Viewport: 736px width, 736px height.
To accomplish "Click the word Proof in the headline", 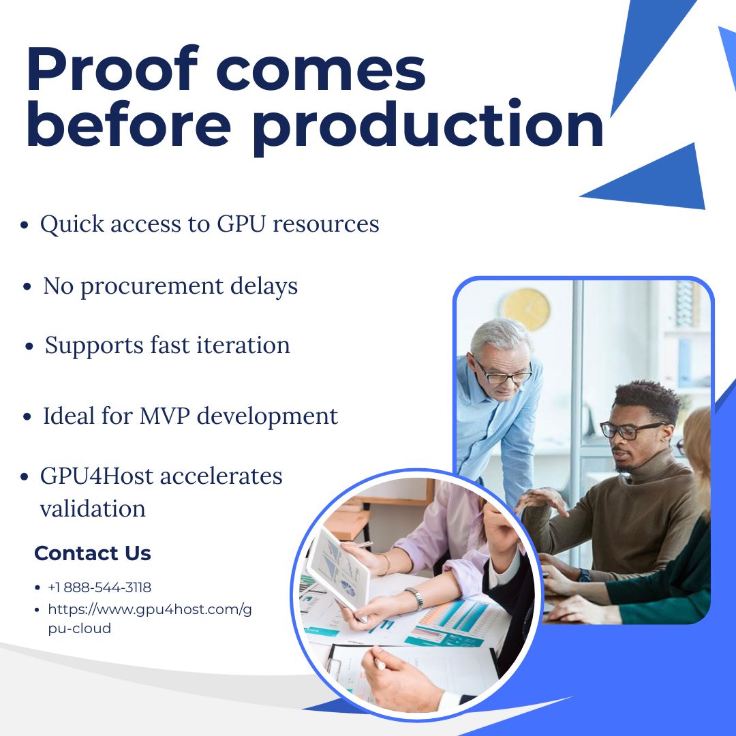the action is click(112, 69).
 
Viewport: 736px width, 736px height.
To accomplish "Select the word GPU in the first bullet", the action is click(241, 224).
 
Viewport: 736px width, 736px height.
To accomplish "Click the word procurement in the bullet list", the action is click(152, 287).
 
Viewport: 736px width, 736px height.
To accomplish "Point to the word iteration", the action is click(243, 345).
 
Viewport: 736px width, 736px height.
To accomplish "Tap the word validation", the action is click(93, 509).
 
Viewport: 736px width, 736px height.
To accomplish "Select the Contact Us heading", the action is click(93, 553).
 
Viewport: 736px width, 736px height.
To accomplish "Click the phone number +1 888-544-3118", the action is click(99, 587).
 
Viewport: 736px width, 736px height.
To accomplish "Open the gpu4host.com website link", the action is click(150, 618).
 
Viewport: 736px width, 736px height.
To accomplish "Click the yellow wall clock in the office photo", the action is click(526, 309).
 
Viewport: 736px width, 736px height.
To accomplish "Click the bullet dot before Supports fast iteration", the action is click(29, 347).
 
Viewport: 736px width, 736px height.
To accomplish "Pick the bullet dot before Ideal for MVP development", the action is click(27, 416).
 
